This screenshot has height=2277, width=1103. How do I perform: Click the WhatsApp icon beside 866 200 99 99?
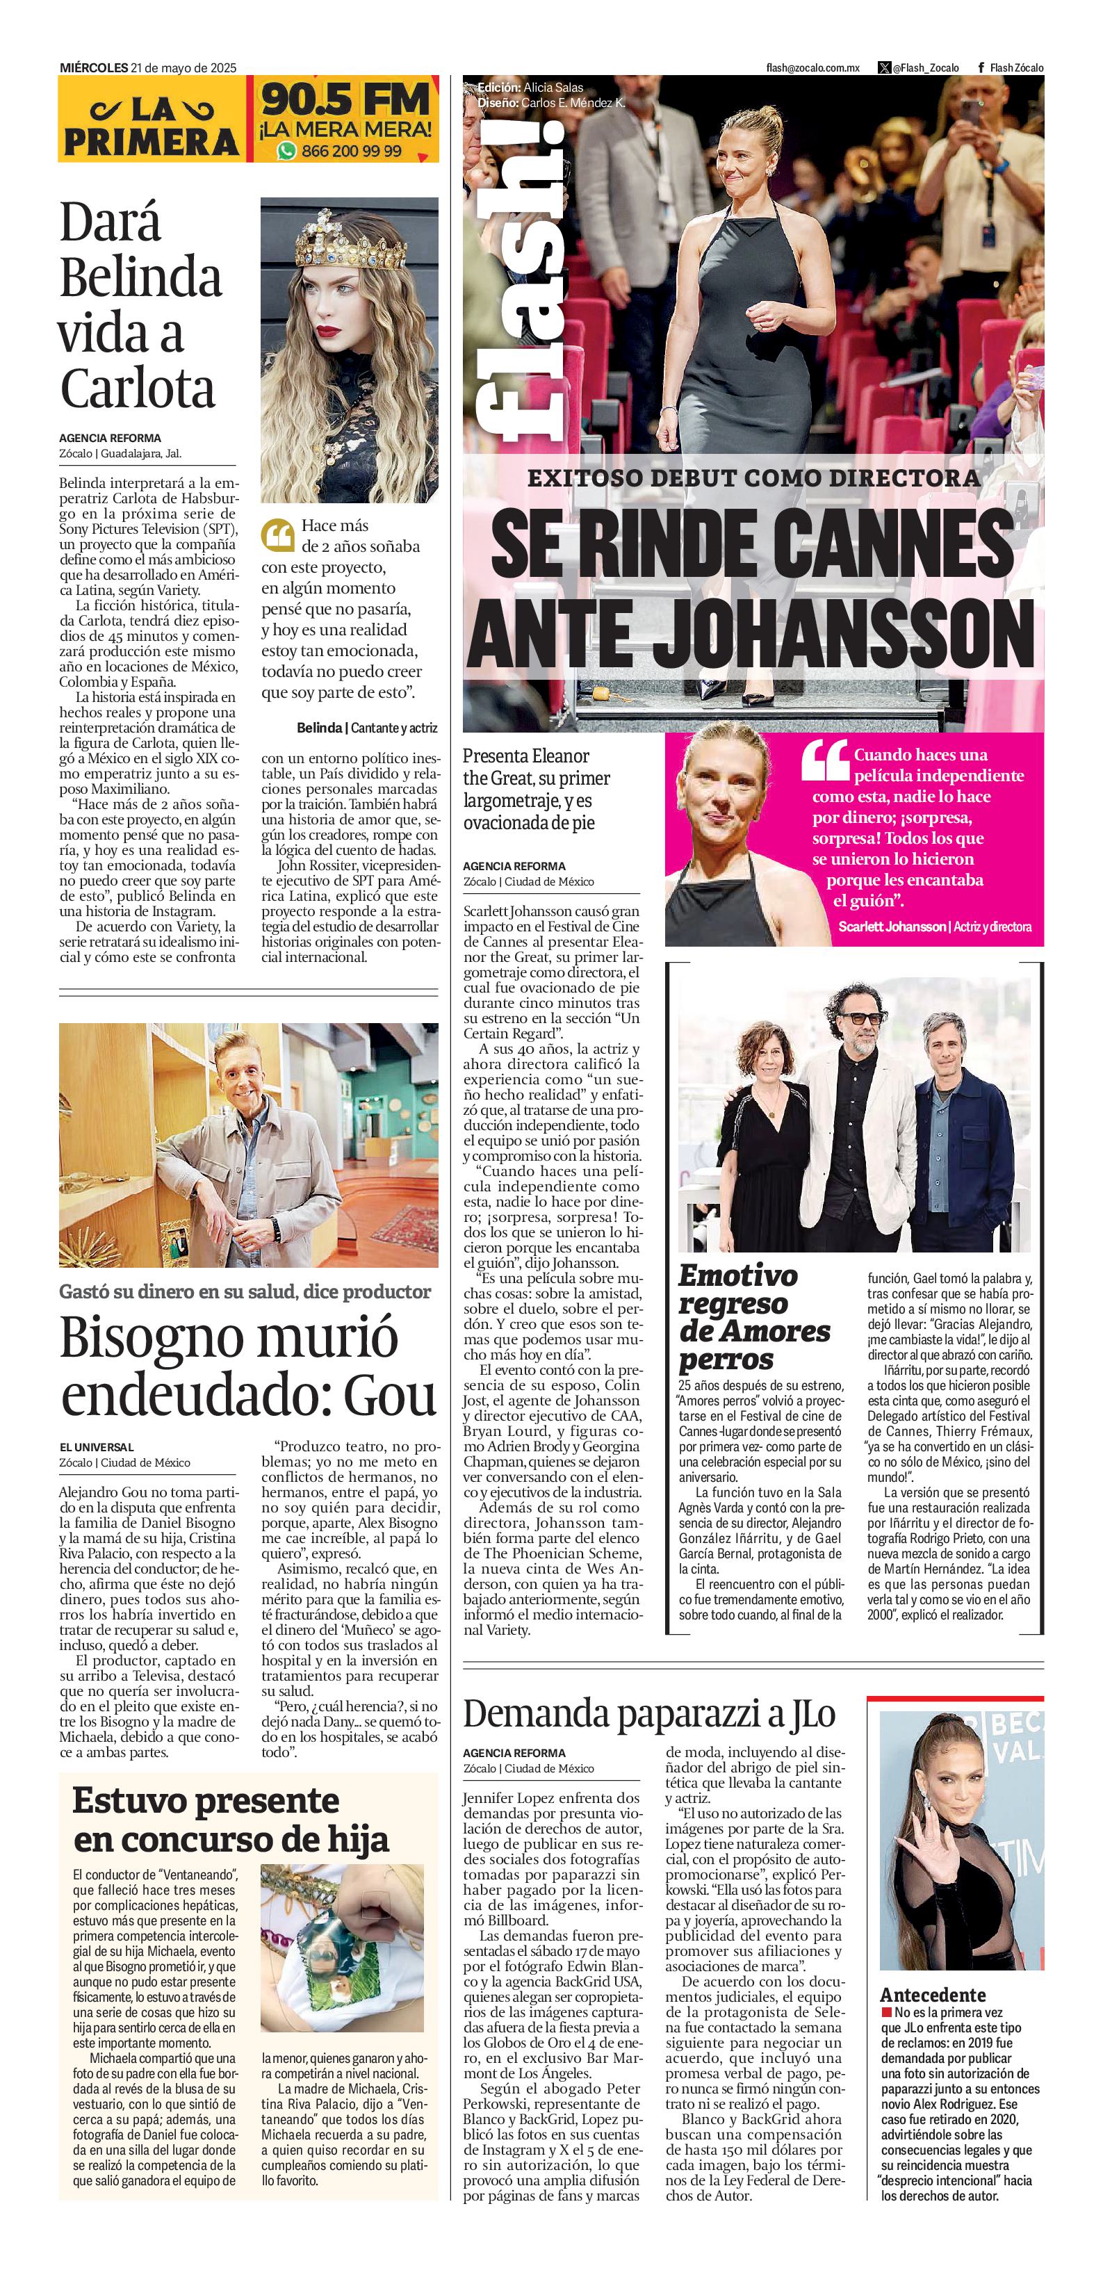[286, 151]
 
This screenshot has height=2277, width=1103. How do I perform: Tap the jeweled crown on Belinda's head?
[351, 240]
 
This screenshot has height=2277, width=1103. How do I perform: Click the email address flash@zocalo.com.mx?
[812, 68]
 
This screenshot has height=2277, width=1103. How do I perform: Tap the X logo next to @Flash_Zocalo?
[884, 68]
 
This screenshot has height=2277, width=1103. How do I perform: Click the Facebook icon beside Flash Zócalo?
[981, 68]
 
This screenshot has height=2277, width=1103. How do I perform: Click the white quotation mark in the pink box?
[824, 760]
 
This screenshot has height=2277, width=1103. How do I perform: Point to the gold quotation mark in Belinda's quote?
[277, 534]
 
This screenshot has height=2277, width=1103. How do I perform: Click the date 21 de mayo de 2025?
[183, 68]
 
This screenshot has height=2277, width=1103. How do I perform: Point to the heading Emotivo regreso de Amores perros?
[754, 1317]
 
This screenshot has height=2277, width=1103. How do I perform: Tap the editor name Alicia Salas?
[553, 88]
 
